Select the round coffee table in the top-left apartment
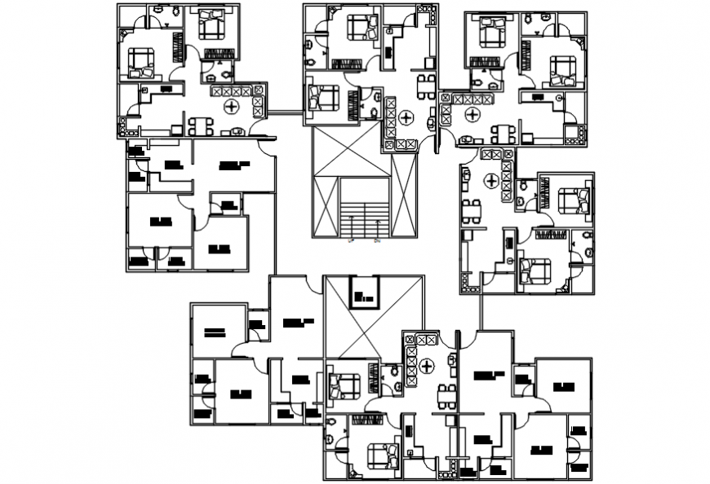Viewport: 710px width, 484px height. pos(232,107)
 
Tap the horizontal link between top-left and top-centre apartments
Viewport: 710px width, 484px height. pos(285,112)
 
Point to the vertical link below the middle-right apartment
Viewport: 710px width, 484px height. pos(482,311)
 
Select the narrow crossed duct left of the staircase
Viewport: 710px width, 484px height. pos(404,196)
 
